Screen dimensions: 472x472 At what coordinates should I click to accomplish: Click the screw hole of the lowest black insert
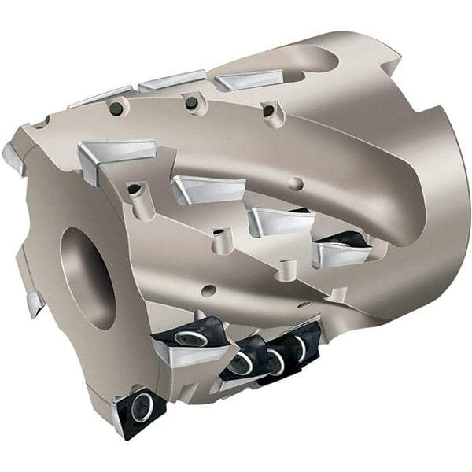click(x=142, y=407)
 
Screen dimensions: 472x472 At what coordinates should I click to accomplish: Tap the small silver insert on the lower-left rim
click(x=34, y=303)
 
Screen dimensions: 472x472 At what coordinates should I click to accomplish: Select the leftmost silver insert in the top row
click(x=100, y=96)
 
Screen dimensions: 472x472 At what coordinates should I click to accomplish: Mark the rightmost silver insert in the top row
click(x=248, y=79)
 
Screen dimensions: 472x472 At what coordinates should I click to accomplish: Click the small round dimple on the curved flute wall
click(x=296, y=184)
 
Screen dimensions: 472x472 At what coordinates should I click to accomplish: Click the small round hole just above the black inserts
click(x=208, y=290)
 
